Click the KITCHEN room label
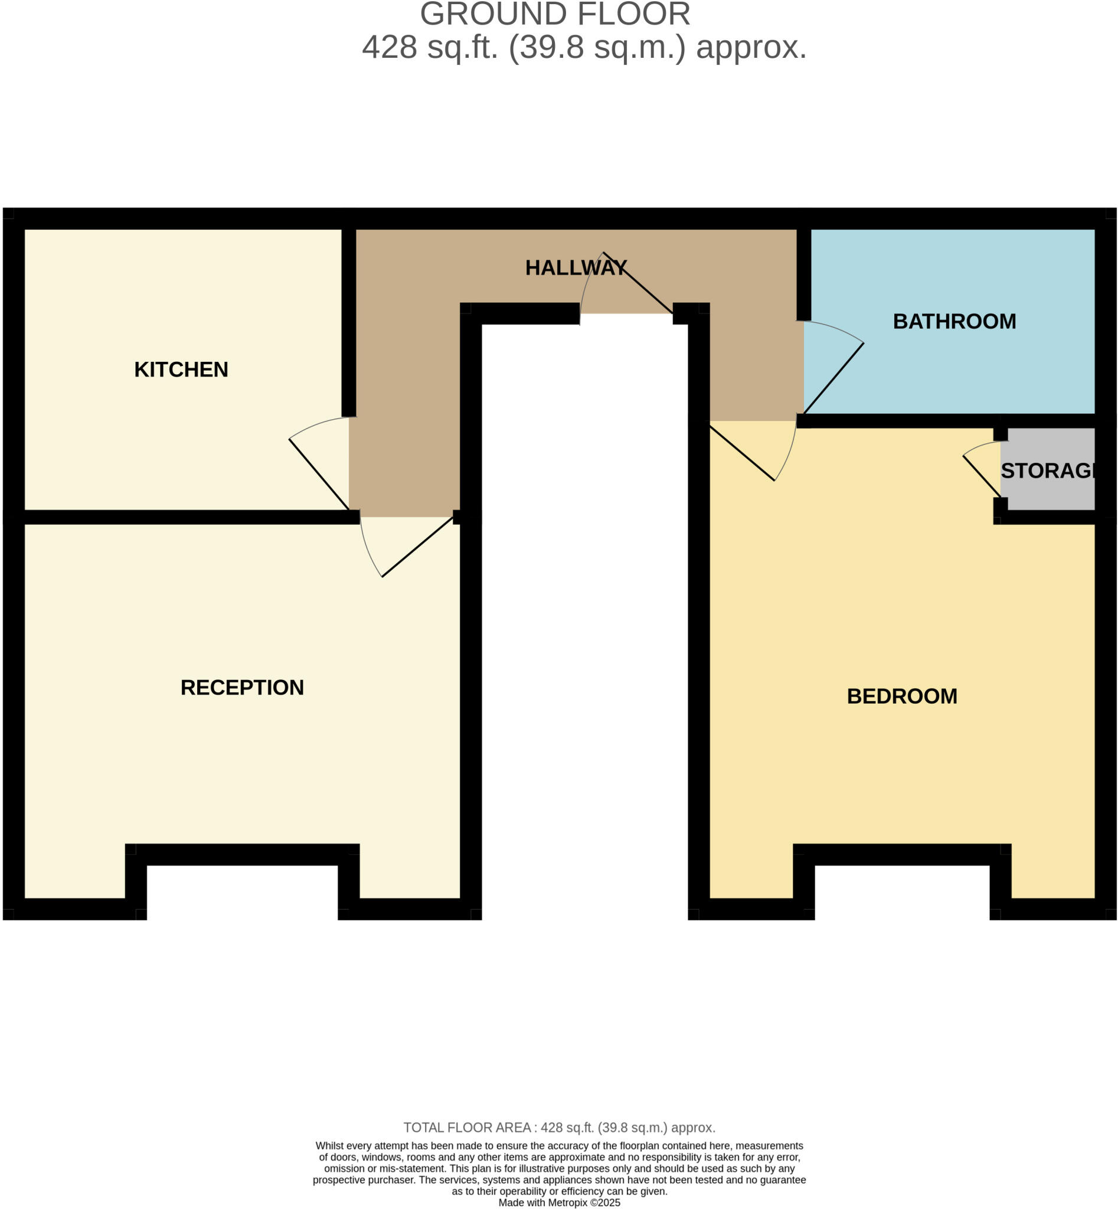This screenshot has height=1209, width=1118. click(x=181, y=370)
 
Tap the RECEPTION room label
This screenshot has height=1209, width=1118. click(x=242, y=687)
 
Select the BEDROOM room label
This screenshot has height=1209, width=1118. click(x=901, y=697)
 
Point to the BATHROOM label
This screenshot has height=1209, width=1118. click(x=954, y=321)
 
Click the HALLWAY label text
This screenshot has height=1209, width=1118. click(x=576, y=268)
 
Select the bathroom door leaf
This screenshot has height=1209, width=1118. click(x=833, y=378)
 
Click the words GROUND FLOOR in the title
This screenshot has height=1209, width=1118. click(x=555, y=14)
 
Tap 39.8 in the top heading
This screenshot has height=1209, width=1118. click(x=551, y=47)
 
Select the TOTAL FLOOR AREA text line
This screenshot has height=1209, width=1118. click(x=559, y=1128)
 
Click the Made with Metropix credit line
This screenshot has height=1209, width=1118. click(x=559, y=1203)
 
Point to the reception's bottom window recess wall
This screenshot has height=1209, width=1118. click(x=242, y=854)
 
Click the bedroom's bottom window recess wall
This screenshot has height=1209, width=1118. click(x=901, y=854)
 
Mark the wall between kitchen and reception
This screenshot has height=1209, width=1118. click(x=181, y=517)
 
